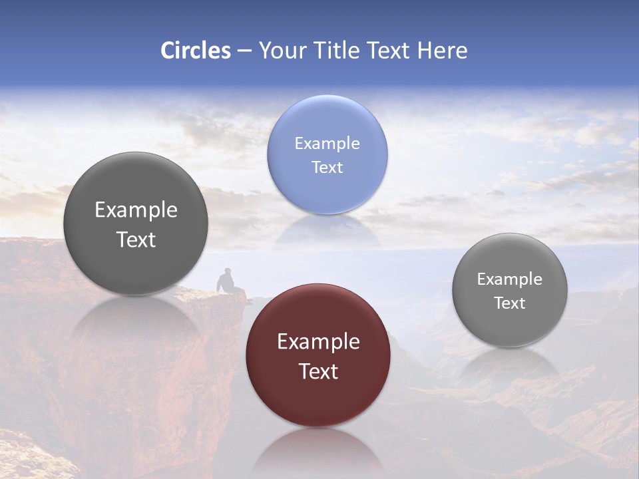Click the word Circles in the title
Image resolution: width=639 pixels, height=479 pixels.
196,51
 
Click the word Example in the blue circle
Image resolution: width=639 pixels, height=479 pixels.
327,144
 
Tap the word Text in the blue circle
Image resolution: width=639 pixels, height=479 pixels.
327,168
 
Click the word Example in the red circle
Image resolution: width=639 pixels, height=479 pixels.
318,342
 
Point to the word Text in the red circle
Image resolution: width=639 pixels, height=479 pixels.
318,371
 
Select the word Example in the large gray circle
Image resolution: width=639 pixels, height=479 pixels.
136,210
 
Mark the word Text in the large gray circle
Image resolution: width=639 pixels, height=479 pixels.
136,239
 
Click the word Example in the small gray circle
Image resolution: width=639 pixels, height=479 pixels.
510,279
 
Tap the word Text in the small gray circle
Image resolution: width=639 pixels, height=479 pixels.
510,303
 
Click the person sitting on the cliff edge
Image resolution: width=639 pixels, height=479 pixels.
226,281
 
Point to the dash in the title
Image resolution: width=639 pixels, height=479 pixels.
244,51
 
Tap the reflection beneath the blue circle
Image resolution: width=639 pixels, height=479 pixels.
327,230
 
